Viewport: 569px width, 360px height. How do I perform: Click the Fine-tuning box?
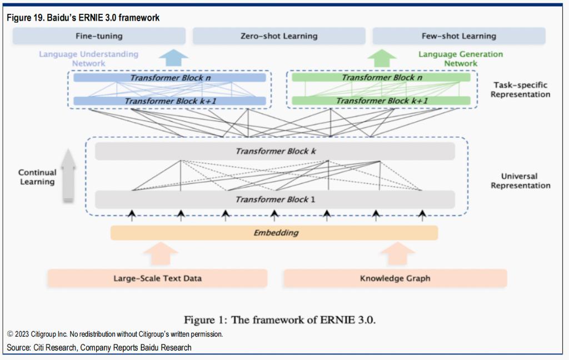point(99,36)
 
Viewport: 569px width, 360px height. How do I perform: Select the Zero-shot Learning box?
point(279,36)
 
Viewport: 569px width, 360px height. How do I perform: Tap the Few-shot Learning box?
point(458,36)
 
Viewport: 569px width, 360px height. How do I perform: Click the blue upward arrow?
point(173,58)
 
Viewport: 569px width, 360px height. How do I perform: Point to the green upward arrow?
point(382,58)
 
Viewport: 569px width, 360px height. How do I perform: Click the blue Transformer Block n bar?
point(169,78)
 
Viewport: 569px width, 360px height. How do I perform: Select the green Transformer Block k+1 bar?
point(381,101)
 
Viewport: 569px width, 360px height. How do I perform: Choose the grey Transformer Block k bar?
point(274,151)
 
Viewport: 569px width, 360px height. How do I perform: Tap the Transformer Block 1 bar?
point(274,199)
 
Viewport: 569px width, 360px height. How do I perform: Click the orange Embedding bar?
point(274,233)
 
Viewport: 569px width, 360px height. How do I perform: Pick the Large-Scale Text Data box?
point(157,278)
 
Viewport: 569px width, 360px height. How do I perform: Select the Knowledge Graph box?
point(395,278)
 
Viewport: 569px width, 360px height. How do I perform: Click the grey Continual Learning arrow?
point(68,176)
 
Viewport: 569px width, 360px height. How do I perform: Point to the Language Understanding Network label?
point(88,58)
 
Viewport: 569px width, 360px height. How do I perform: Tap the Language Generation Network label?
point(461,58)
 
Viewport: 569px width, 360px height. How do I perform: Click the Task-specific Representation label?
point(520,89)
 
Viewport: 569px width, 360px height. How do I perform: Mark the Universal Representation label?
point(520,181)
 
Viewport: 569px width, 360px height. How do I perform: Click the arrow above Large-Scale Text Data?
point(160,253)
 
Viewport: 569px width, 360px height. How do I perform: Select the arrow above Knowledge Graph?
point(397,253)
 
